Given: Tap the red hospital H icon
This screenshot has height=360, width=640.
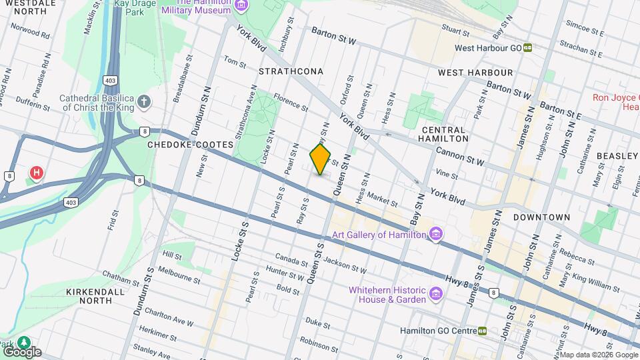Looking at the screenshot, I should coord(37,173).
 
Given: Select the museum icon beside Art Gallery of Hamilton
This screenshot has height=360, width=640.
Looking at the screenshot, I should coord(436,235).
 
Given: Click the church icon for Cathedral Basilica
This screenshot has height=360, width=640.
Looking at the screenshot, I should coord(144,103).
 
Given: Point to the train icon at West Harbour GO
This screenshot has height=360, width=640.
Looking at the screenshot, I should coord(527,48).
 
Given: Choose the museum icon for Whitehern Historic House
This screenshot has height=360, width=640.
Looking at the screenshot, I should coord(436,294).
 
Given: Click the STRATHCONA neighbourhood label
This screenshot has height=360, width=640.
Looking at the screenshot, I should coord(291,71).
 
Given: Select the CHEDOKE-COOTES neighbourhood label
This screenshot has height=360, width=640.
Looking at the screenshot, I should coord(190,145).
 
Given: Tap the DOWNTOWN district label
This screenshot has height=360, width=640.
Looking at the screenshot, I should coord(541,217).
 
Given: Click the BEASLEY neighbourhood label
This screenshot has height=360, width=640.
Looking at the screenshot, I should coord(617,155).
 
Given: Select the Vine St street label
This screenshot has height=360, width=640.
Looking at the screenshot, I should coord(446,175).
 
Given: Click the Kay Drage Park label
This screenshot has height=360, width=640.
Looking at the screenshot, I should coord(135,7).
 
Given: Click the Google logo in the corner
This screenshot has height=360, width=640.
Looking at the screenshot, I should coord(21,351).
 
